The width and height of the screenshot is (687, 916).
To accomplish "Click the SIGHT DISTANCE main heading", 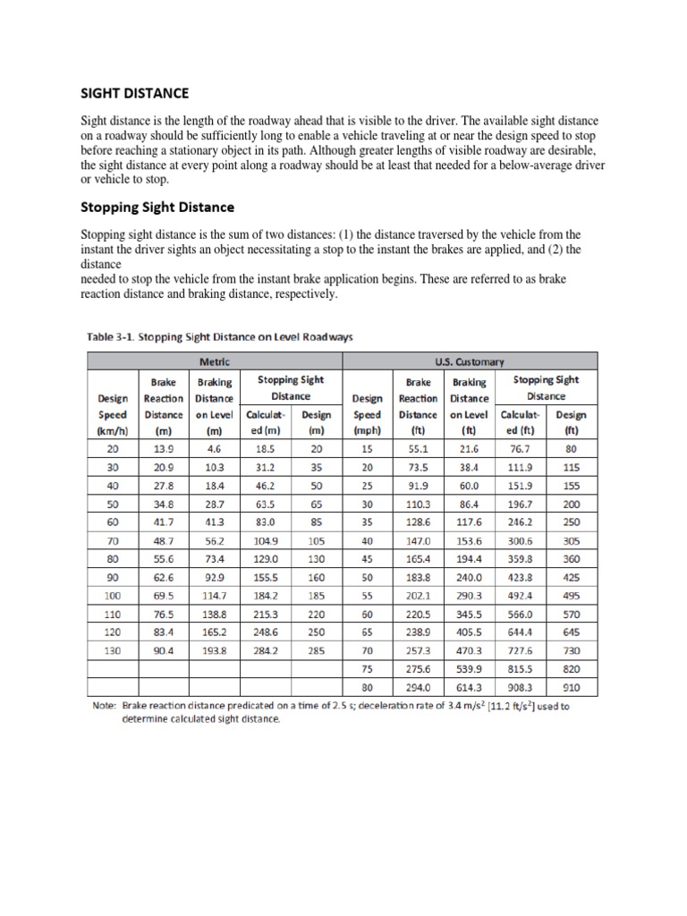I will click(x=135, y=93).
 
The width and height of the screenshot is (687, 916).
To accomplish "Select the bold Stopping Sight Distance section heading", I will click(x=157, y=207).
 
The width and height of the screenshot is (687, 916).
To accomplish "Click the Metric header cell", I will click(x=215, y=361).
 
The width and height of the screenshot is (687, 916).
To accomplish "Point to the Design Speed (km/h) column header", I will click(x=112, y=406).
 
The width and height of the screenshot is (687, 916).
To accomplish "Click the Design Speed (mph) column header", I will click(x=368, y=406).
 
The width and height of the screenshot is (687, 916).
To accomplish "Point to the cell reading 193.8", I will click(x=214, y=650).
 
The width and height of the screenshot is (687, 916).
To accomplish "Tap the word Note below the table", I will click(x=105, y=706).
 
